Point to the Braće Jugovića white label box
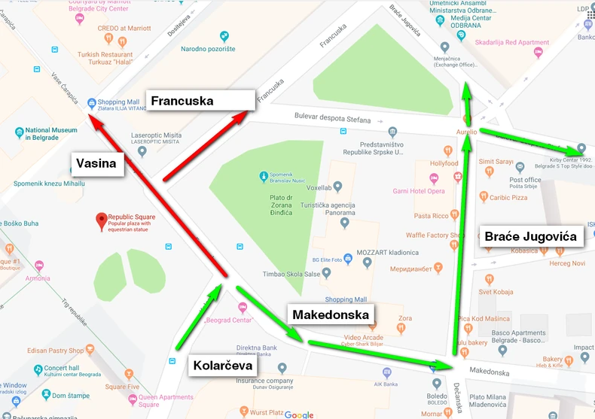point(530,236)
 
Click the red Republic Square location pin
point(101,220)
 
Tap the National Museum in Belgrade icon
point(20,133)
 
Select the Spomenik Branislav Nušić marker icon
point(263,178)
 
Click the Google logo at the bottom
point(299,414)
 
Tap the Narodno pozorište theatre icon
point(224,36)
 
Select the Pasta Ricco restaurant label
point(431,216)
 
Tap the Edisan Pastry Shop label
point(56,351)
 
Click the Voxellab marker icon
point(337,187)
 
